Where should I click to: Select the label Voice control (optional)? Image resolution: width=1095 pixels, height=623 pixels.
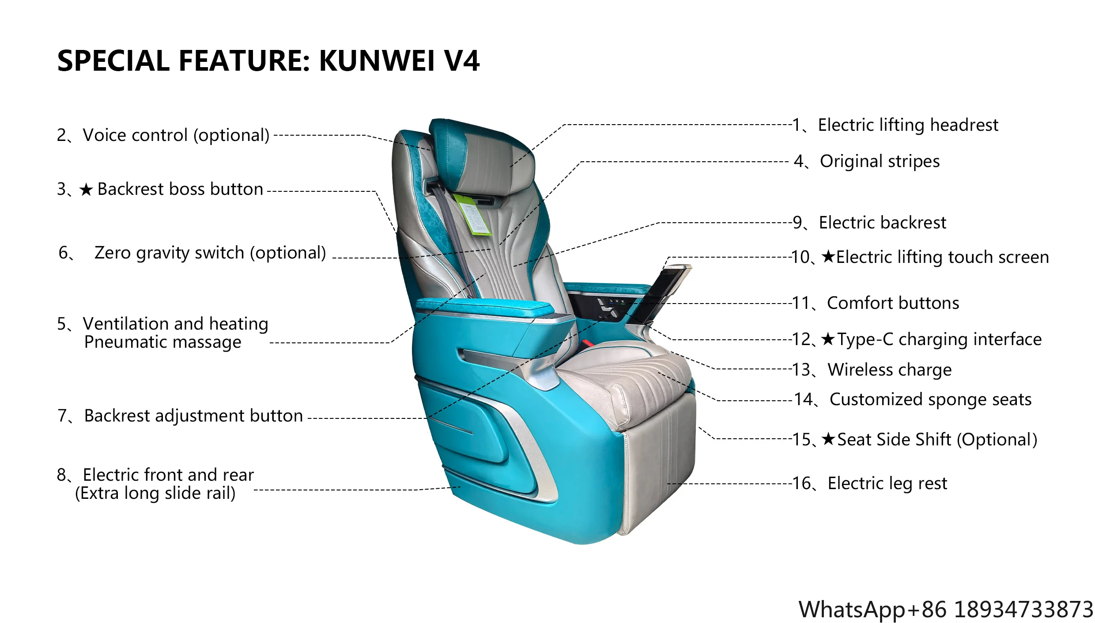[176, 135]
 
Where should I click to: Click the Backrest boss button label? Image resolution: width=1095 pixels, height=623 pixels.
[180, 189]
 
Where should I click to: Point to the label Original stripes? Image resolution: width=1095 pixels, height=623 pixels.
[879, 161]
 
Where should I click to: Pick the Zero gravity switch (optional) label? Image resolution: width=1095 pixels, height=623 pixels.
[210, 253]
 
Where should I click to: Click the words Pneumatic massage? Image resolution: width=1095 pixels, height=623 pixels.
[162, 342]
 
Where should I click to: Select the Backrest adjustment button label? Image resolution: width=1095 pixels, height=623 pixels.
[193, 416]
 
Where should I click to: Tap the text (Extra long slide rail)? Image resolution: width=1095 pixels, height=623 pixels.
[155, 493]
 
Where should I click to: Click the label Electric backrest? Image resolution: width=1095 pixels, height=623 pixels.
[882, 223]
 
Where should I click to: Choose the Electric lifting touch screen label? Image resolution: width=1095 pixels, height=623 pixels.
[942, 257]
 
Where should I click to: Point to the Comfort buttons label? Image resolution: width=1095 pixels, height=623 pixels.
[892, 303]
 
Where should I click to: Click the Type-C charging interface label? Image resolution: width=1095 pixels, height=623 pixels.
[939, 339]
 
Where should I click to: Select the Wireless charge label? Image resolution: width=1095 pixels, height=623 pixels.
[889, 369]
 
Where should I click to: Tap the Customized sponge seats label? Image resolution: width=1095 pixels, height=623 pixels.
[930, 399]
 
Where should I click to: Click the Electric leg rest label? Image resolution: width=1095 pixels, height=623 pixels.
[887, 483]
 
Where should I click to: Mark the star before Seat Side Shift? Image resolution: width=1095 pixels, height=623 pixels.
[828, 439]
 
